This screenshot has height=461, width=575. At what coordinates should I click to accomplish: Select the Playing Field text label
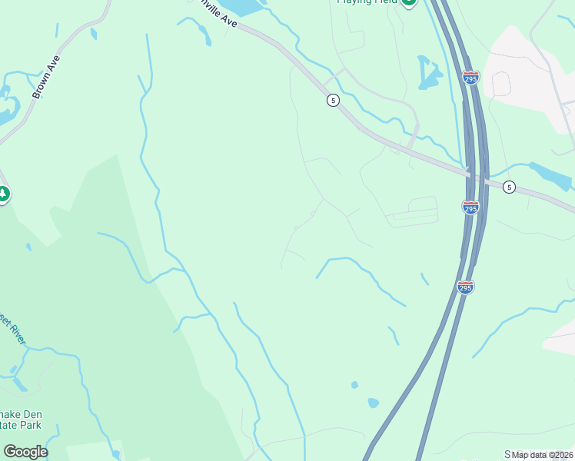(x=367, y=2)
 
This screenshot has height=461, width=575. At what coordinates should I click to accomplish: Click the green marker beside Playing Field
(x=409, y=2)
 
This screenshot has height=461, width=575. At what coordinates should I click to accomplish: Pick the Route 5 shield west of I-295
(x=332, y=100)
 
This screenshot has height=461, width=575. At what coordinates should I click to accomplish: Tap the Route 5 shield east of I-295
(x=509, y=187)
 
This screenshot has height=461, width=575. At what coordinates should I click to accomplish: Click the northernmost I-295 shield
(x=471, y=78)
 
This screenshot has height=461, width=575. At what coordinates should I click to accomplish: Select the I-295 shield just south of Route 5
(x=470, y=207)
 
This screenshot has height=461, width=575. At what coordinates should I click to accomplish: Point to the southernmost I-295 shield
(x=465, y=287)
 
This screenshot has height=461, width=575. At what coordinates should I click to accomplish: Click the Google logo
(x=25, y=452)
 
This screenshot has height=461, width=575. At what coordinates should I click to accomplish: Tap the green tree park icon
(x=3, y=194)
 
